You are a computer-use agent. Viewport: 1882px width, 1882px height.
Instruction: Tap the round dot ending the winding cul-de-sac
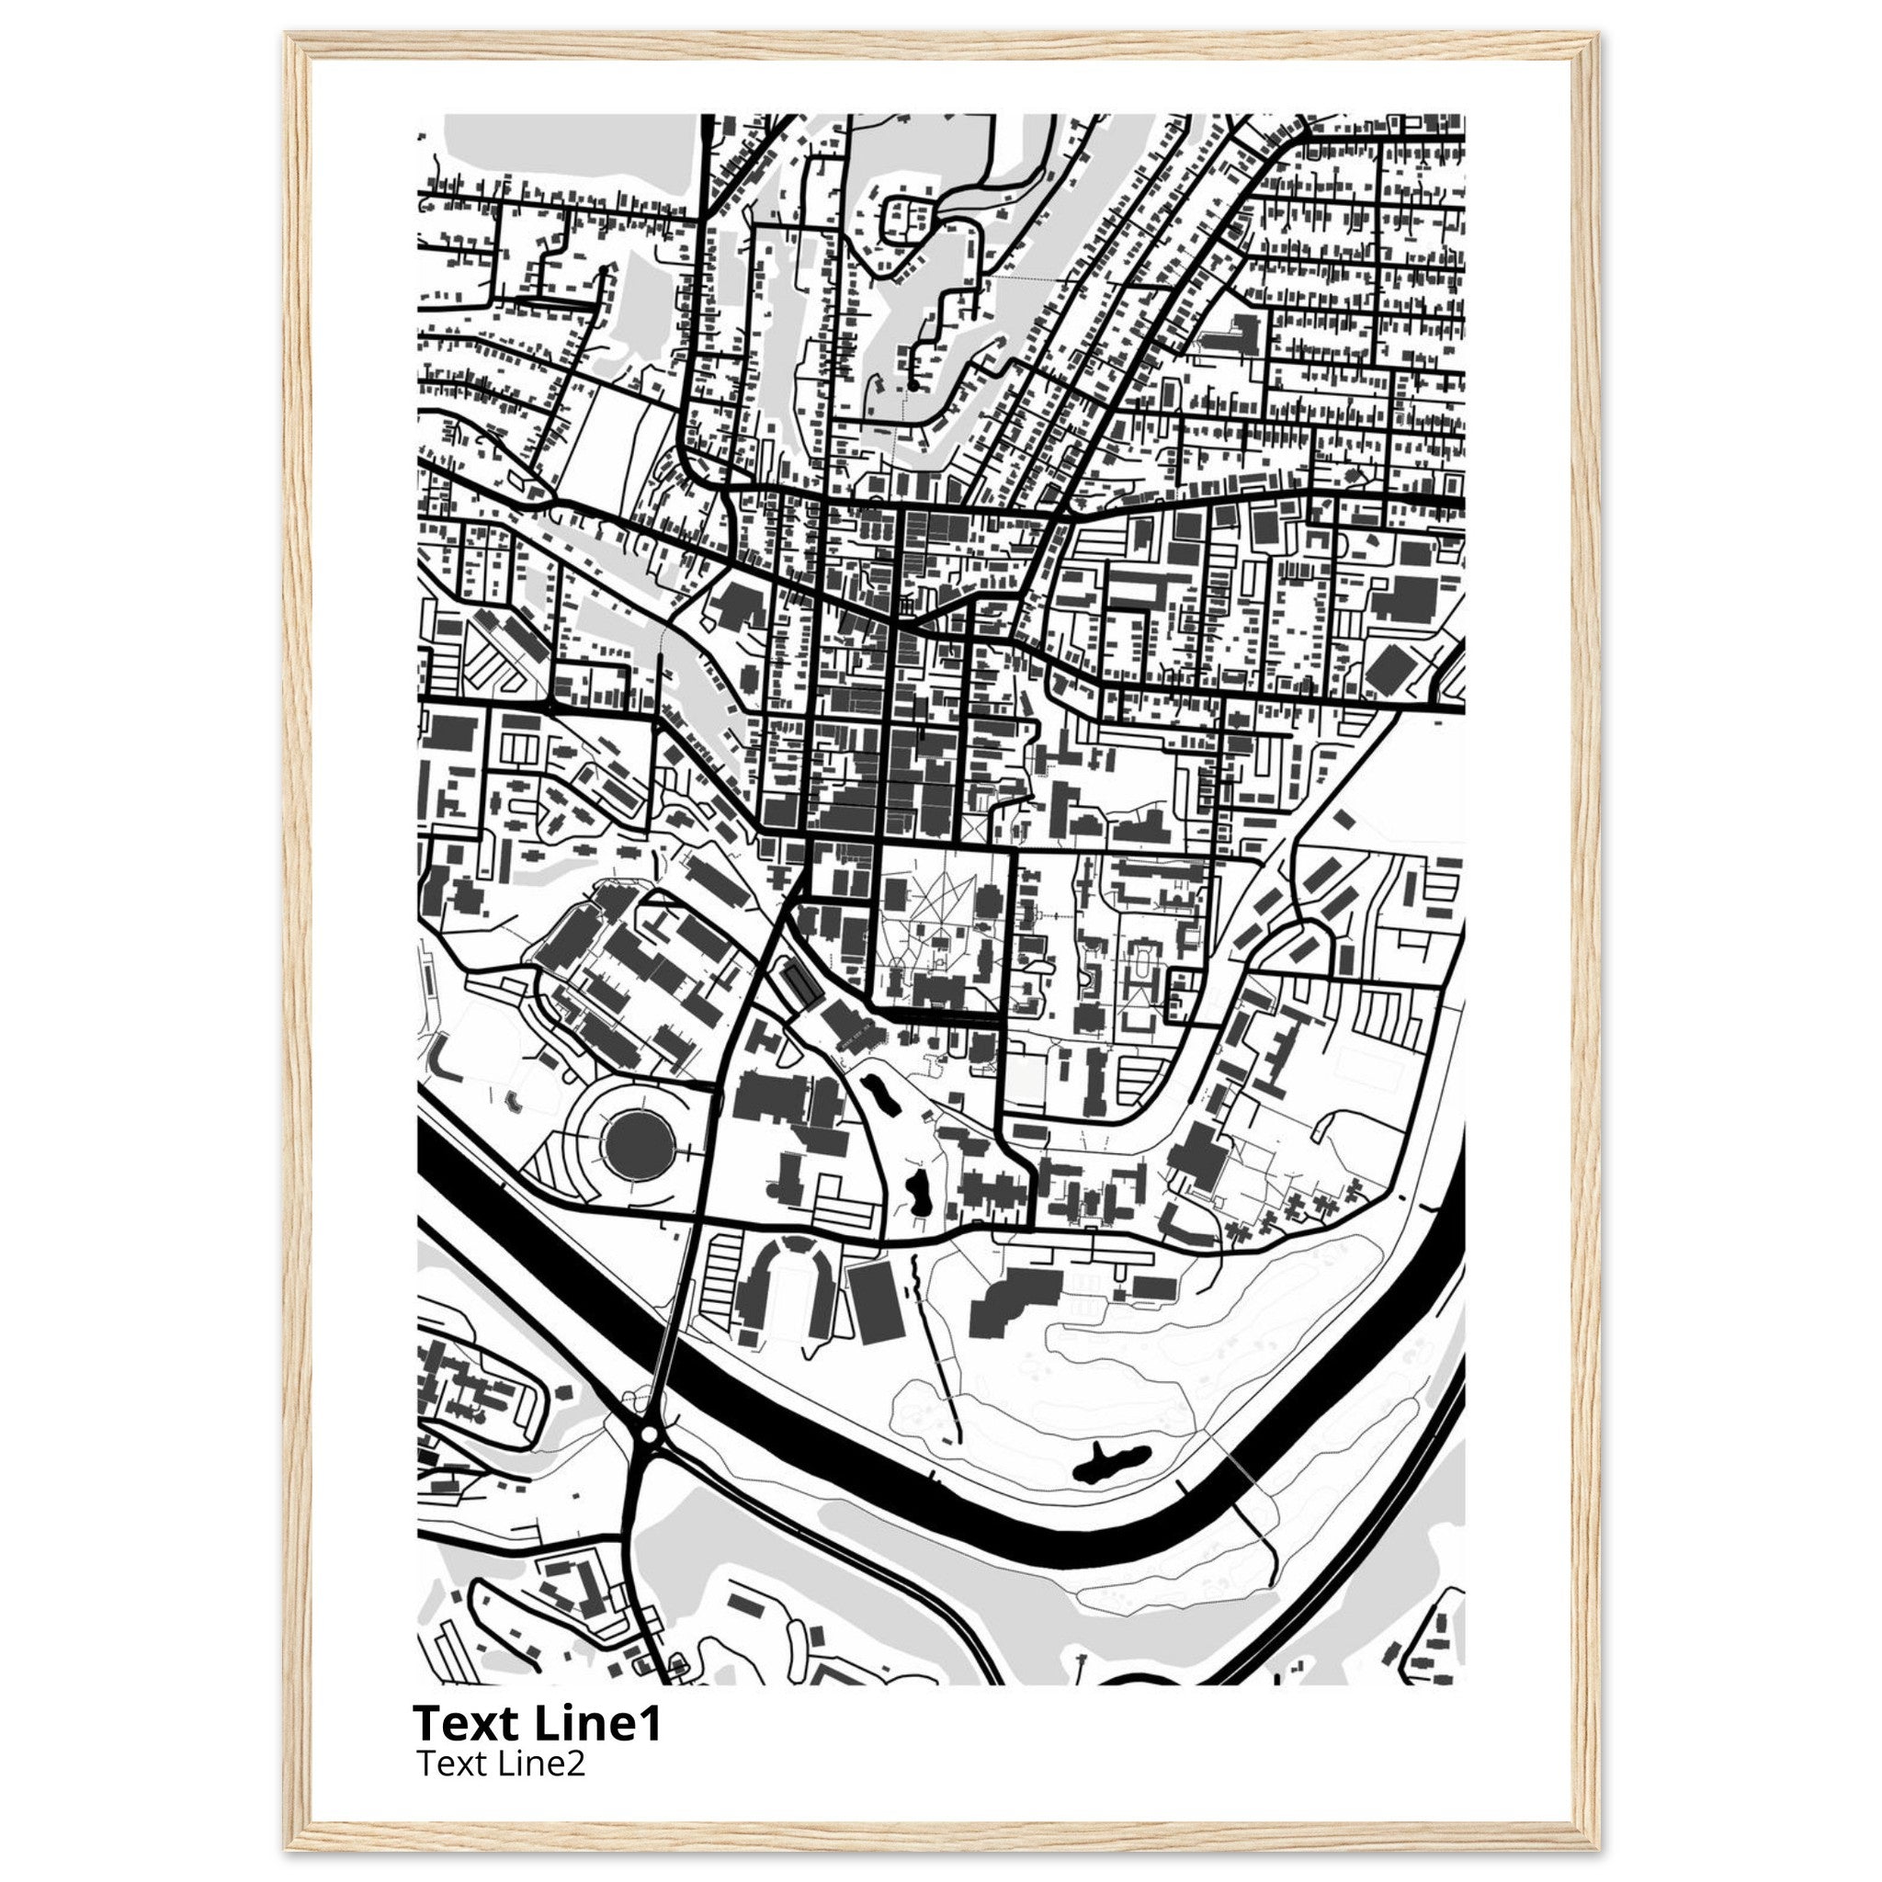(912, 387)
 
